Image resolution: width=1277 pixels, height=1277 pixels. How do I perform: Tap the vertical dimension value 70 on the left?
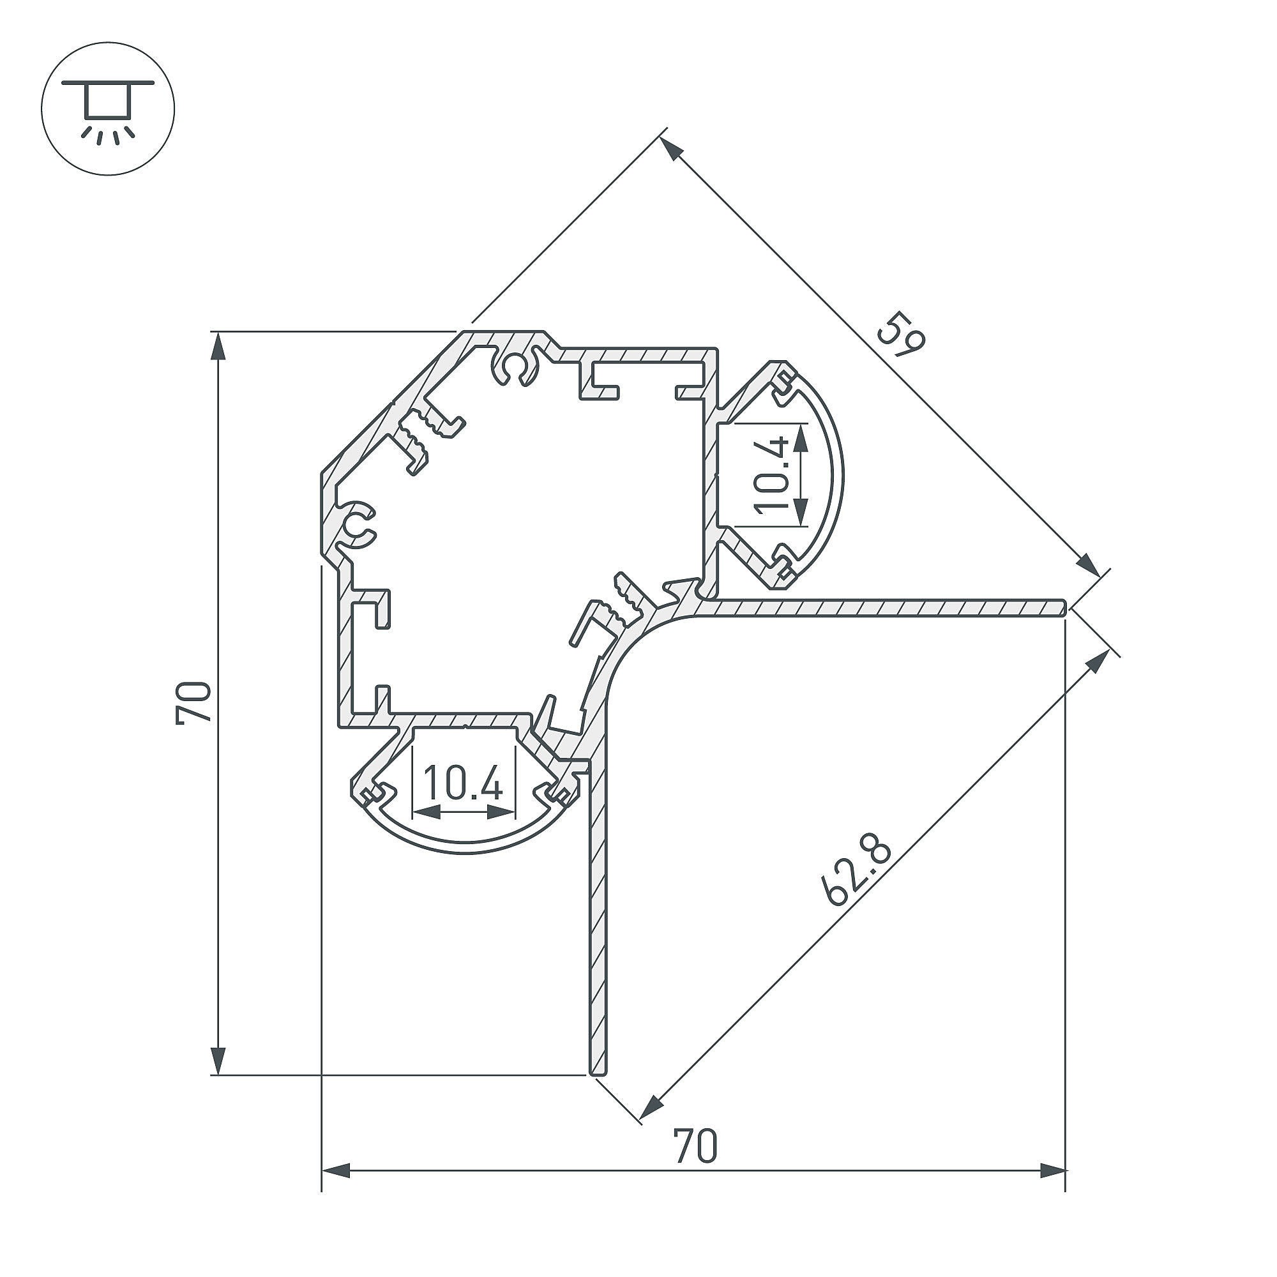[193, 702]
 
